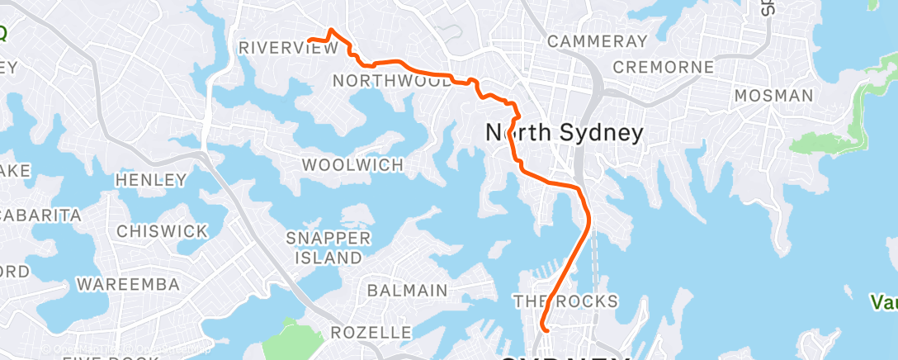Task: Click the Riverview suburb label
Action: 288,48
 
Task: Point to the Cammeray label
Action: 597,40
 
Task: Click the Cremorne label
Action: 664,67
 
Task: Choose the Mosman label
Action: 773,95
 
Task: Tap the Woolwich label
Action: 352,164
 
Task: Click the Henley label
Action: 151,179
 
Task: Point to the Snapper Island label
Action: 328,247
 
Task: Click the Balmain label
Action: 407,290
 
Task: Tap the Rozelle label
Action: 371,333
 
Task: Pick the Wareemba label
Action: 128,284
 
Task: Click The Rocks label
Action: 565,300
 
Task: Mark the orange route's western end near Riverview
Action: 309,40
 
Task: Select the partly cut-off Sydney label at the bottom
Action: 565,357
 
